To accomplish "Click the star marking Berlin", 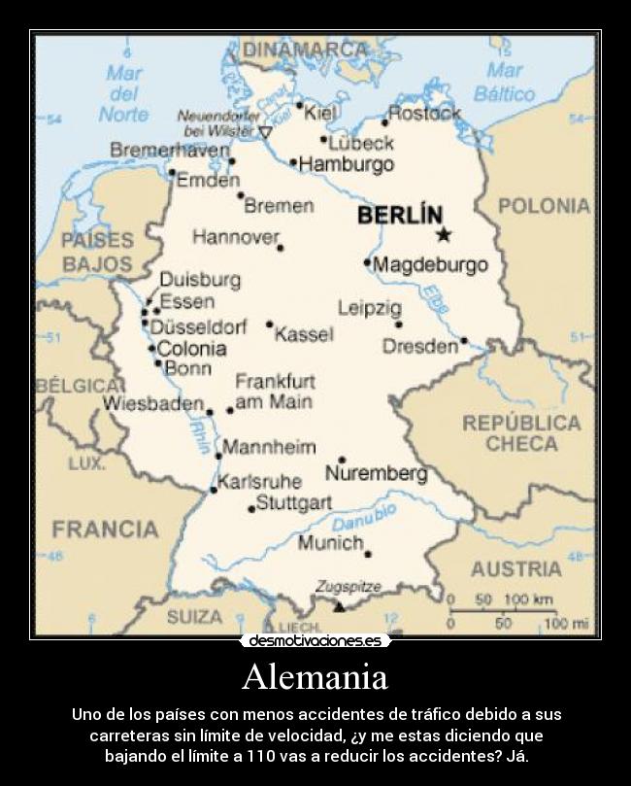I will [444, 234].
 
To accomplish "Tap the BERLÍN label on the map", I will [400, 215].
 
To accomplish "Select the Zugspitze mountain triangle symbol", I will [339, 606].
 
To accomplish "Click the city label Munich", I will [330, 542].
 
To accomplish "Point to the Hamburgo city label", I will [347, 164].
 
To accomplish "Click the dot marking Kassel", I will [269, 325].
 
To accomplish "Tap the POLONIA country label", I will [544, 205].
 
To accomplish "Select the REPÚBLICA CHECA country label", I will [521, 433].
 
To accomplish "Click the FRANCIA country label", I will [105, 530].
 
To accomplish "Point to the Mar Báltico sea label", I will [505, 83].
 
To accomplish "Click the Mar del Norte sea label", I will [123, 94].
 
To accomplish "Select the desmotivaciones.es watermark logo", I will [315, 641].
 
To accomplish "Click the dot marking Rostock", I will [384, 123].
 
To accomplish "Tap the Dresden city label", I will [419, 346].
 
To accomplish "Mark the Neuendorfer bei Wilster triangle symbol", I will [265, 131].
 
